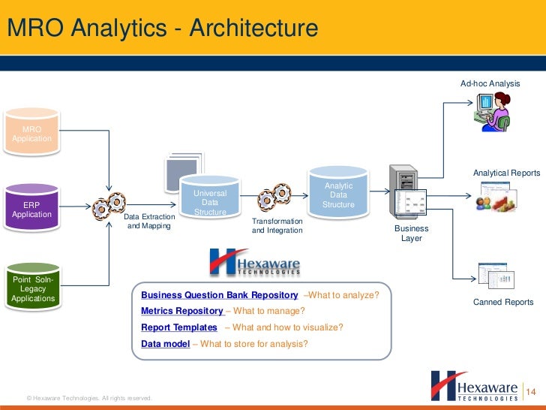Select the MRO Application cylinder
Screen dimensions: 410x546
coord(31,134)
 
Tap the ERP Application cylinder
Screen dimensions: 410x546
coord(31,209)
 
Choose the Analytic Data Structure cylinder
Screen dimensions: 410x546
coord(338,194)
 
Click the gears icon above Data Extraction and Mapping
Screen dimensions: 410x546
coord(109,204)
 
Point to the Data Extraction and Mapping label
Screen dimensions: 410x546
coord(148,222)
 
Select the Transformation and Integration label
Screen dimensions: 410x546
coord(277,226)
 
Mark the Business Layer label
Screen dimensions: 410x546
coord(411,234)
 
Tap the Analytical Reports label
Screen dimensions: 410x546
coord(505,173)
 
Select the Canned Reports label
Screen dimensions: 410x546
coord(502,302)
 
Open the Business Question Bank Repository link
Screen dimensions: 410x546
coord(220,295)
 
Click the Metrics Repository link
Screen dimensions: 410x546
coord(182,311)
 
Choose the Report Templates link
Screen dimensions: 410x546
coord(179,327)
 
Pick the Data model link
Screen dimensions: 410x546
coord(165,344)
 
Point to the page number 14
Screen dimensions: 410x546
coord(532,392)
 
